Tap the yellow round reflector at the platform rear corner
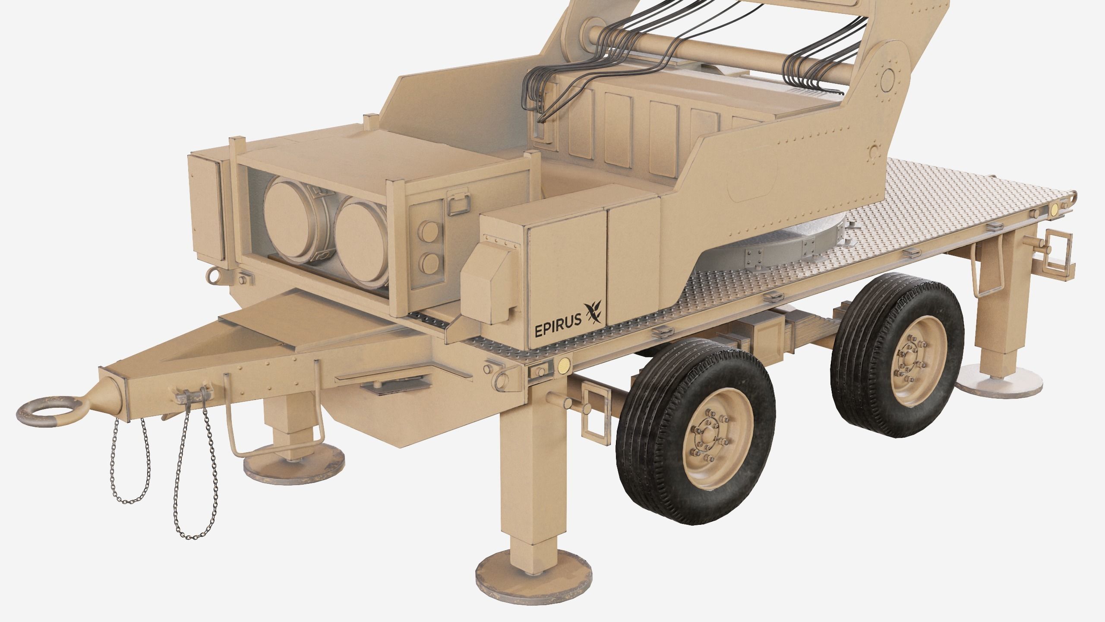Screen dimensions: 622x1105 [x=1054, y=209]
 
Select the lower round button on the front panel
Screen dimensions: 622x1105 [x=429, y=262]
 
